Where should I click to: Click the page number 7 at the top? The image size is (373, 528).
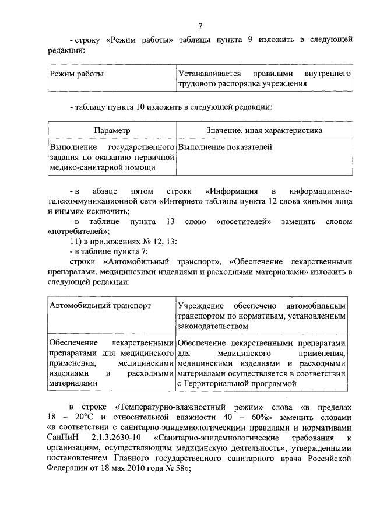[x=200, y=26]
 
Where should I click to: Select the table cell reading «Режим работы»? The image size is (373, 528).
[x=77, y=75]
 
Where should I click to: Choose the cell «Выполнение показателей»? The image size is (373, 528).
[x=225, y=147]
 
